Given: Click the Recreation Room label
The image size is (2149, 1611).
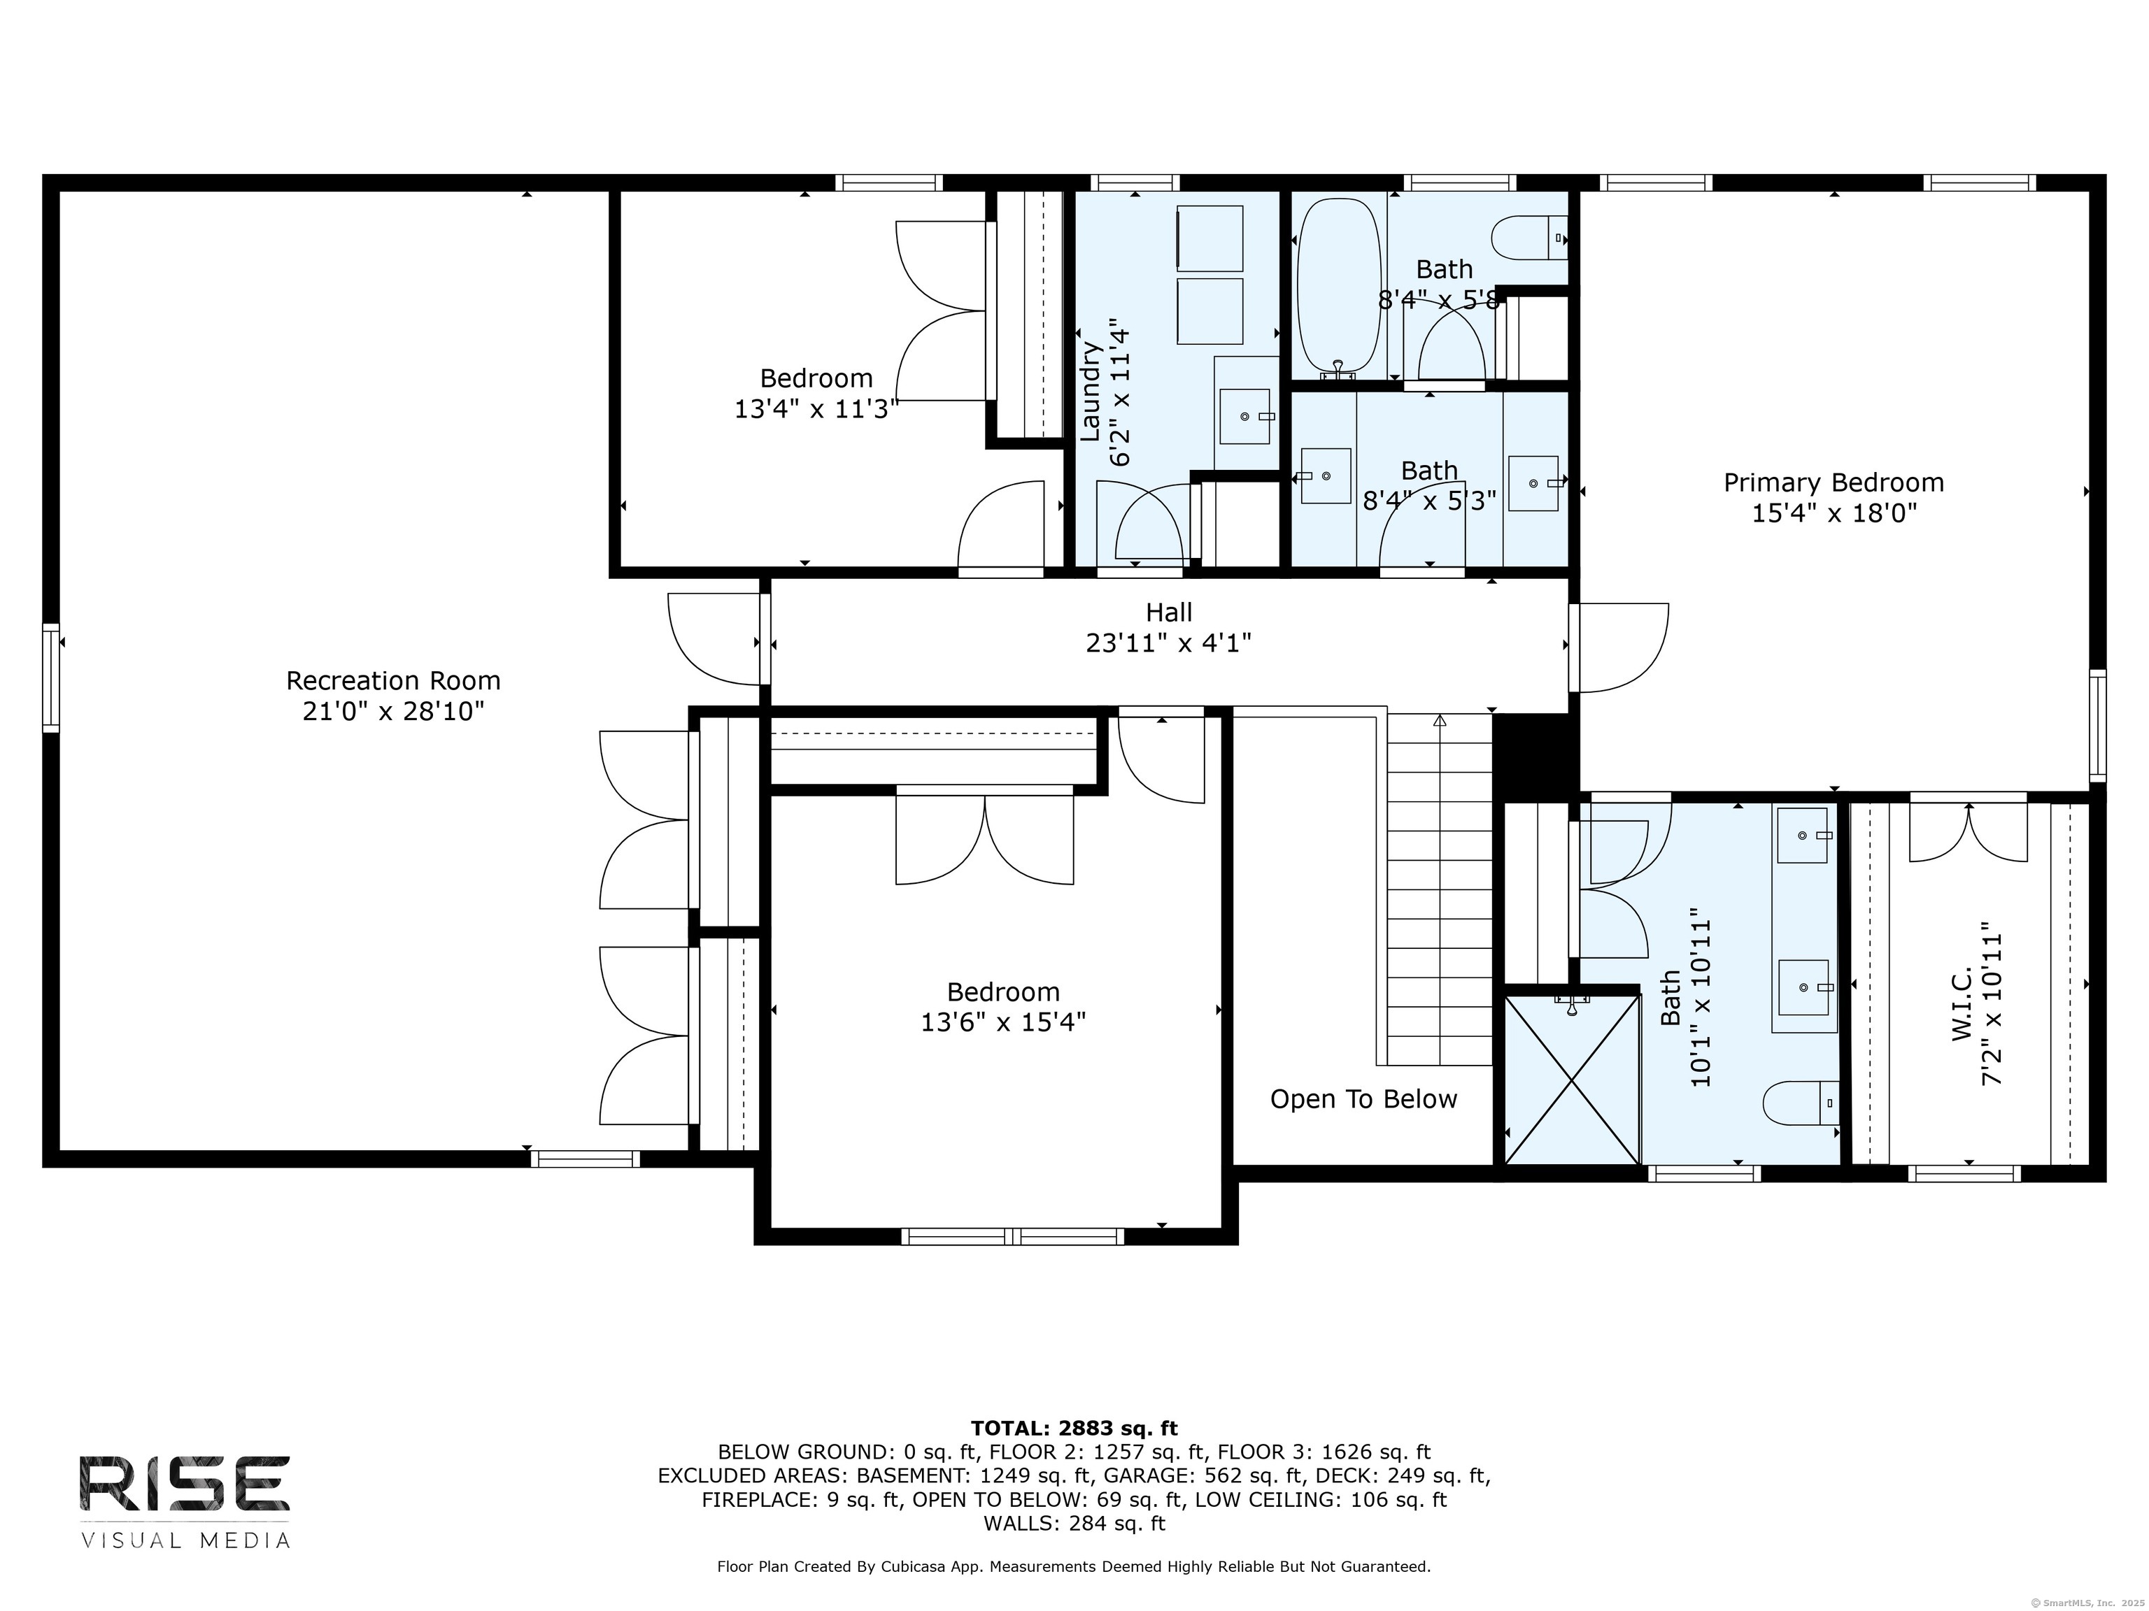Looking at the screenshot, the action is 393,681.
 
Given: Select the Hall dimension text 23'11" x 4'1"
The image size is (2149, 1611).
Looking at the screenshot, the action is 1169,643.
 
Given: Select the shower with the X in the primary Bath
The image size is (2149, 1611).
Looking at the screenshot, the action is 1572,1079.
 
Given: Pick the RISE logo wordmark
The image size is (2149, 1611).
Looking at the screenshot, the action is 185,1484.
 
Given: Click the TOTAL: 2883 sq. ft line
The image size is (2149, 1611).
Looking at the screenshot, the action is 1074,1429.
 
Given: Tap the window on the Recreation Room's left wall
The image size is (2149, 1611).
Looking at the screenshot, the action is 50,677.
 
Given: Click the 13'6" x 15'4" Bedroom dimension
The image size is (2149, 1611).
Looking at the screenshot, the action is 1004,1022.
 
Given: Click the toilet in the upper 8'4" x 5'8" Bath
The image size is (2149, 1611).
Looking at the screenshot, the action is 1530,238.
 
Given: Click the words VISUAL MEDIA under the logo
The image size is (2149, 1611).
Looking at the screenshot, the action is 185,1541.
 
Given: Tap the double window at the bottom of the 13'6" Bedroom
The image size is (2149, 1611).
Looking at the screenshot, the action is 1012,1236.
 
